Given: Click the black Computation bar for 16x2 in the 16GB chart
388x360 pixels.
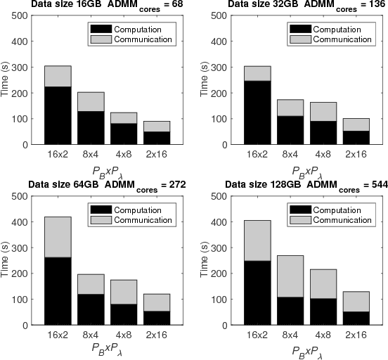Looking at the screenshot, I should click(58, 116).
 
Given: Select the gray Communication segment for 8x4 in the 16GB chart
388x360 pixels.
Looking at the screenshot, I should click(91, 102).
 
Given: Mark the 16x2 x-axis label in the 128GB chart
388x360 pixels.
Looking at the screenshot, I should click(258, 335).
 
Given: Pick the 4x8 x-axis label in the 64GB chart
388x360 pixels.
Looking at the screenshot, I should click(124, 335).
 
